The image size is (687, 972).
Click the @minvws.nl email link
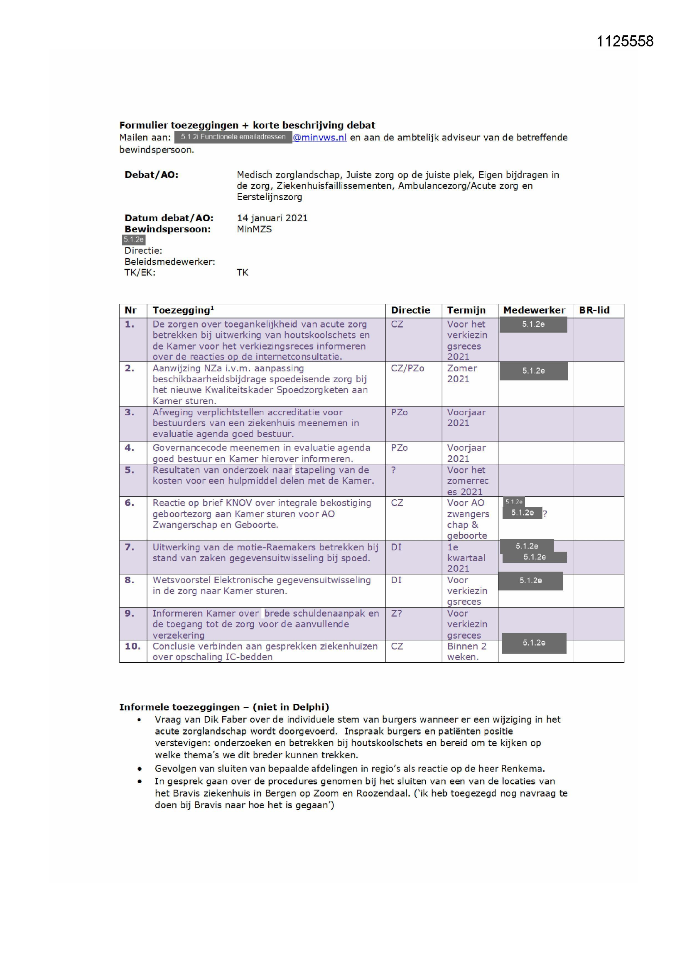(x=319, y=137)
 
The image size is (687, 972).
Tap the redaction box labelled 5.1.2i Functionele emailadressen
(x=233, y=137)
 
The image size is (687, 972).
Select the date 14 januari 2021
(x=272, y=218)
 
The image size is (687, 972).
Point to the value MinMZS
(x=254, y=229)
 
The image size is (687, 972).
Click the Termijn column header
(x=466, y=310)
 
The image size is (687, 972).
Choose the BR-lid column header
(x=594, y=310)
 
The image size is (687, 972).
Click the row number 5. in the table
(x=130, y=470)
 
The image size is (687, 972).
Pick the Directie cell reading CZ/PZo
(x=407, y=368)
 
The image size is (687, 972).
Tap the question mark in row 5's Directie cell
(x=393, y=470)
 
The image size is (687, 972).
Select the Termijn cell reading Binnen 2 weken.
(x=466, y=651)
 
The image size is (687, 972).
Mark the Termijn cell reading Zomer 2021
(x=461, y=373)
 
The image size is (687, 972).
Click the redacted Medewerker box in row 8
(x=530, y=581)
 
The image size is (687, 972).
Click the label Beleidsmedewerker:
(x=169, y=262)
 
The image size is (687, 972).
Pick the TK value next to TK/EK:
(x=243, y=273)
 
